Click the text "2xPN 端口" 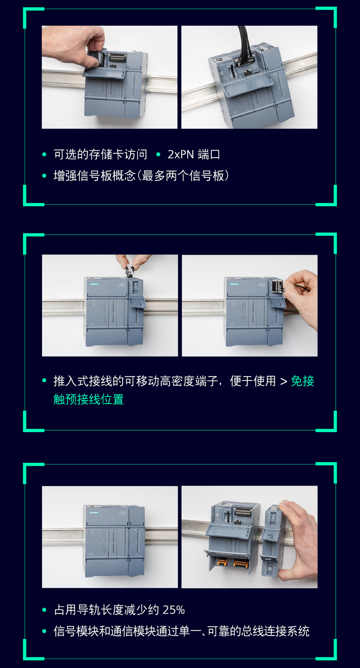[x=193, y=154]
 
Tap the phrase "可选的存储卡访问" [x=100, y=154]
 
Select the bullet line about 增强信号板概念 [x=141, y=176]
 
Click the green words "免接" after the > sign [x=302, y=381]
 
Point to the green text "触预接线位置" [x=88, y=399]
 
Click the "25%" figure [x=174, y=610]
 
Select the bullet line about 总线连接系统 [x=181, y=631]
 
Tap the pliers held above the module [x=130, y=270]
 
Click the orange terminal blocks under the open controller [x=232, y=562]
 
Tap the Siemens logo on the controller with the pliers [x=94, y=284]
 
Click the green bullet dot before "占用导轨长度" [x=44, y=610]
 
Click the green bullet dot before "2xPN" [x=158, y=154]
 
